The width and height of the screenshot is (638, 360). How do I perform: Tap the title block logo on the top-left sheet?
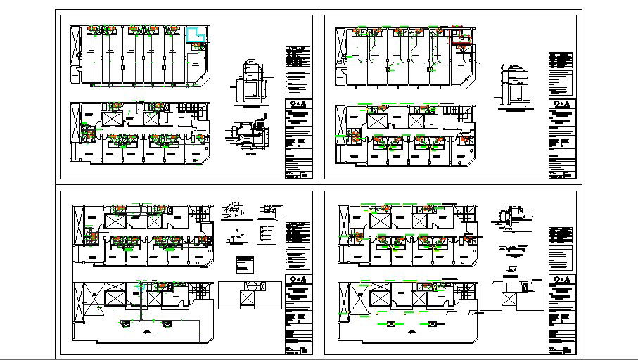click(x=298, y=109)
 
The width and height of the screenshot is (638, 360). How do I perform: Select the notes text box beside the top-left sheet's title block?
click(x=298, y=82)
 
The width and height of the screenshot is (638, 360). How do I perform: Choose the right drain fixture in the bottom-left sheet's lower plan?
click(x=167, y=323)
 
